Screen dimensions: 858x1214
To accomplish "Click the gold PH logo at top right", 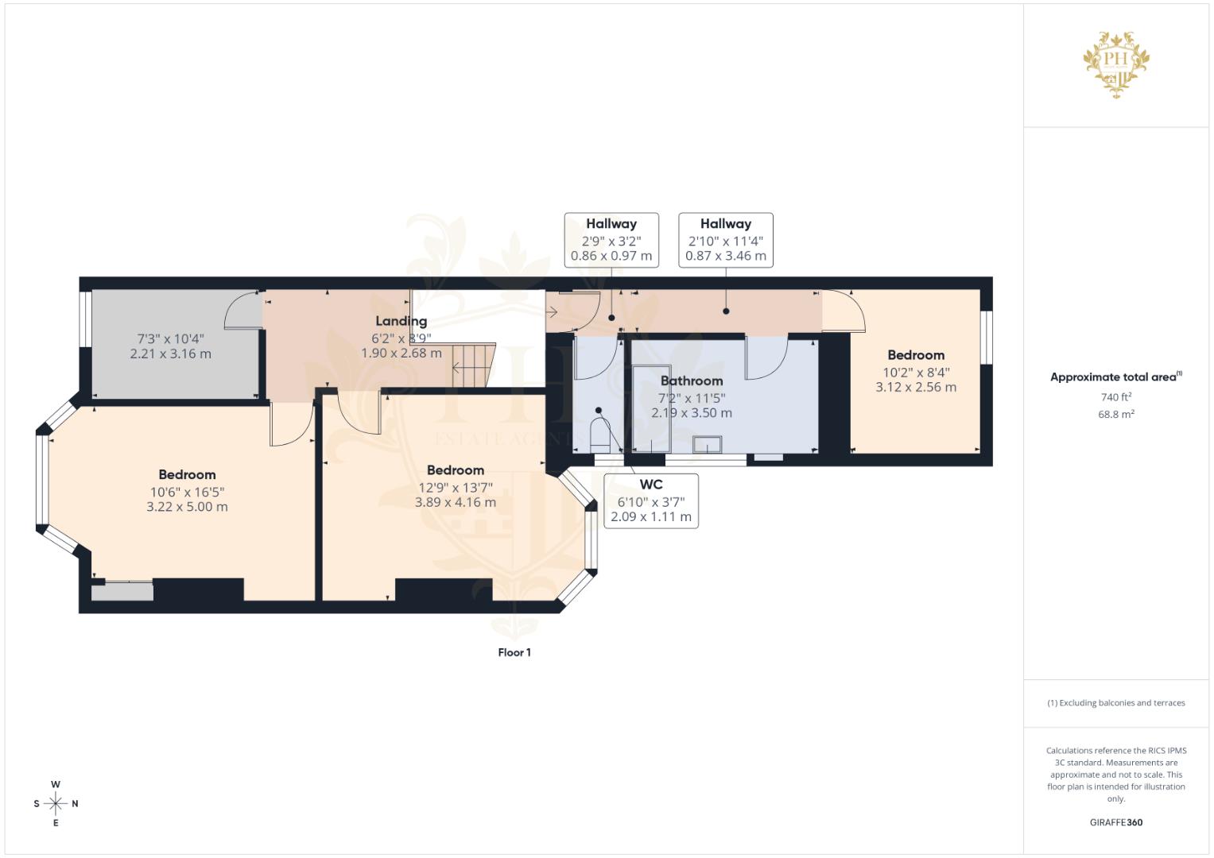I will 1116,64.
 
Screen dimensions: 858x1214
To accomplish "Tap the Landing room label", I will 401,322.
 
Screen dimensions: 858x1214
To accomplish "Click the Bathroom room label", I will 692,381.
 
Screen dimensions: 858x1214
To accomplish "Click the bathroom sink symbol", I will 707,444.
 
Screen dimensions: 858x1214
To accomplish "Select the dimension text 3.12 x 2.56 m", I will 916,388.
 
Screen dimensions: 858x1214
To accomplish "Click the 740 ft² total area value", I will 1115,397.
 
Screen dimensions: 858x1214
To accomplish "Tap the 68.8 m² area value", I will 1115,415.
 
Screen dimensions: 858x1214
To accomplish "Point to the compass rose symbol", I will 56,804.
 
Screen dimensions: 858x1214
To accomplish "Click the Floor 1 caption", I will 514,652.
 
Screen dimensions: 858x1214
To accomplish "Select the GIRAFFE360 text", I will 1115,823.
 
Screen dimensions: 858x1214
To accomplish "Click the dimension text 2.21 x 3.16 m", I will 171,354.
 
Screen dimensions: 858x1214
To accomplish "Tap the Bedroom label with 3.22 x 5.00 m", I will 187,475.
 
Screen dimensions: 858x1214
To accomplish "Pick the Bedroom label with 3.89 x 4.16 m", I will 455,470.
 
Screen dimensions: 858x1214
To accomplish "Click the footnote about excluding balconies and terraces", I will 1115,703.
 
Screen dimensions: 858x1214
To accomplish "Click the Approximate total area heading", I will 1113,377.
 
